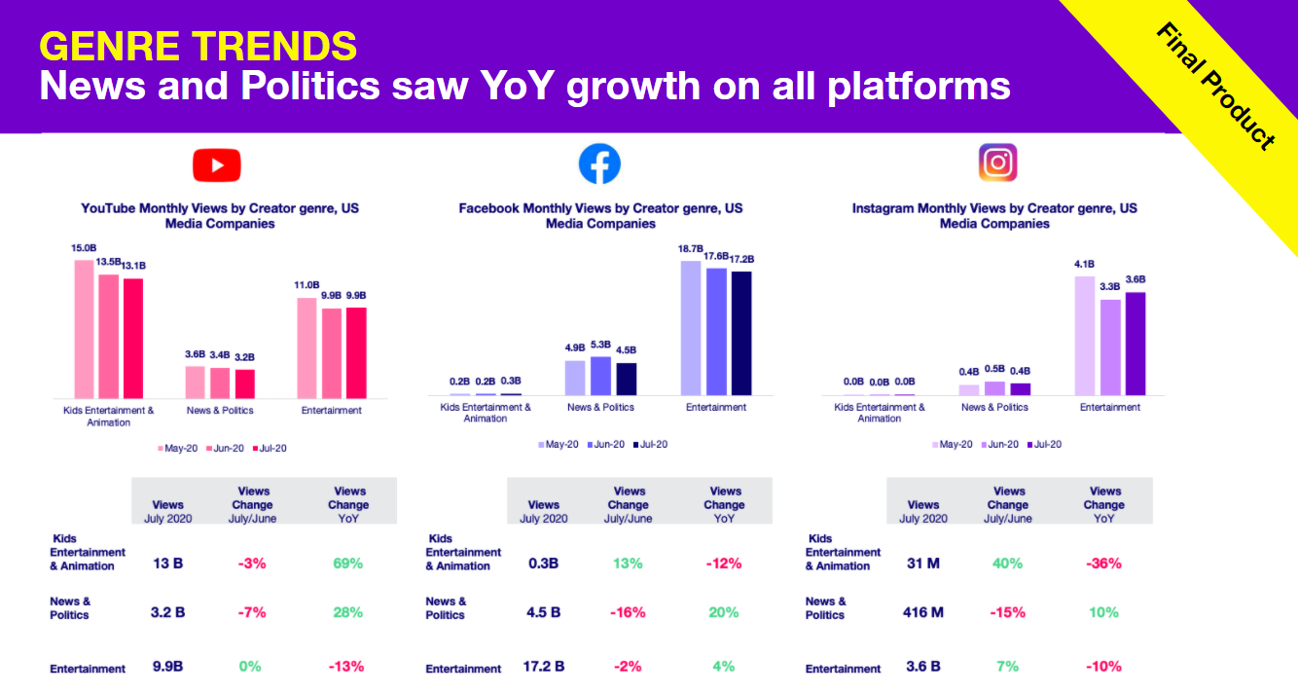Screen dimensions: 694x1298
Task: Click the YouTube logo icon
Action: tap(216, 164)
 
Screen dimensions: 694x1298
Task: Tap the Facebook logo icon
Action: tap(599, 164)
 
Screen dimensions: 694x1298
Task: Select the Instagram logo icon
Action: tap(997, 163)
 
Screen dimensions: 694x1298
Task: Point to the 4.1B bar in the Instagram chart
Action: tap(1085, 336)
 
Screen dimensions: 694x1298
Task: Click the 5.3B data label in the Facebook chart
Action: tap(600, 345)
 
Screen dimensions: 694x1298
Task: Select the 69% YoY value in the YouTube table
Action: tap(348, 563)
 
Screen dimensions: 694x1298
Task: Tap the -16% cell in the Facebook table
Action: tap(628, 612)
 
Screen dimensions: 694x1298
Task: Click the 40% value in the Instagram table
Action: tap(1007, 563)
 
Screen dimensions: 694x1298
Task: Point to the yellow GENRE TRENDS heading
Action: tap(198, 46)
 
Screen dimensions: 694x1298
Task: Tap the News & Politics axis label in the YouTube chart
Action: tap(220, 411)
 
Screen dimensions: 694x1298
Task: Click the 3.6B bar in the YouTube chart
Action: tap(195, 382)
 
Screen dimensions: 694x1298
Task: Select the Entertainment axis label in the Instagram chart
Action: tap(1109, 407)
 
